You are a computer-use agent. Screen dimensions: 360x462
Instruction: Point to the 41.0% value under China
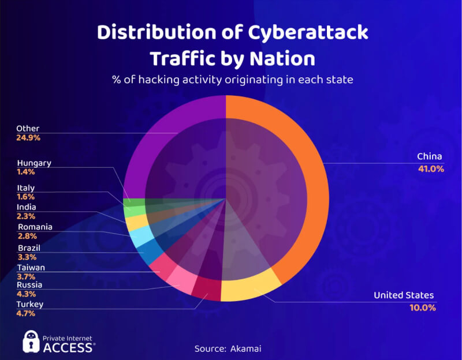[x=431, y=169]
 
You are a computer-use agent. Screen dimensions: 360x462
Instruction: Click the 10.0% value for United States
[x=423, y=307]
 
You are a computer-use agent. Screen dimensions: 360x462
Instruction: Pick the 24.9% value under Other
[x=28, y=138]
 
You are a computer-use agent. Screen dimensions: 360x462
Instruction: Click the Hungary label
[x=34, y=163]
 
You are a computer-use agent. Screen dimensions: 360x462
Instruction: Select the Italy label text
[x=26, y=188]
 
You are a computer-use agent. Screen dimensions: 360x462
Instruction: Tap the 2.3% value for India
[x=26, y=216]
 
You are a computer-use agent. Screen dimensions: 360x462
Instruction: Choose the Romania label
[x=35, y=227]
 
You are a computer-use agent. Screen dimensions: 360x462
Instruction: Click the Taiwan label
[x=31, y=268]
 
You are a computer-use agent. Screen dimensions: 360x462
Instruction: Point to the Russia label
[x=29, y=285]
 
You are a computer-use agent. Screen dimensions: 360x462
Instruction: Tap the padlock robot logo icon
[x=31, y=342]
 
